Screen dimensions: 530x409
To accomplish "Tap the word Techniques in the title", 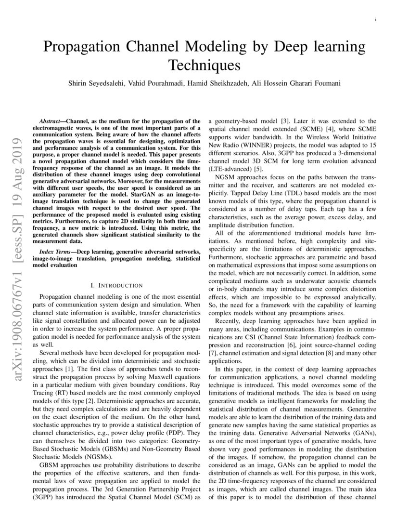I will [204, 65].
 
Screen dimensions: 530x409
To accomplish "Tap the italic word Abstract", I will [51, 120].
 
